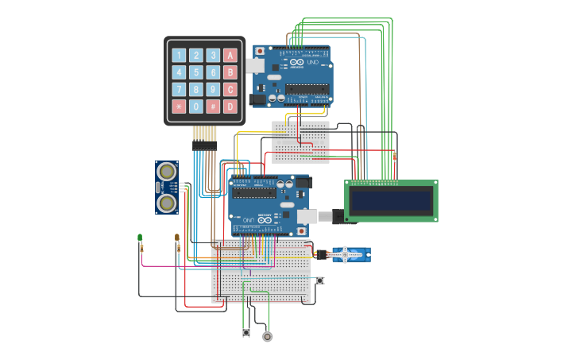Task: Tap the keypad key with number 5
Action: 196,72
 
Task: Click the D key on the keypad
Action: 230,106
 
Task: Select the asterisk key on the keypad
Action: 179,106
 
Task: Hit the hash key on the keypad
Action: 213,106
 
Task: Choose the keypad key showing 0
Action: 196,106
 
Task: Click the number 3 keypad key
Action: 213,56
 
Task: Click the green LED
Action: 140,237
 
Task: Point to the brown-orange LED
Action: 177,237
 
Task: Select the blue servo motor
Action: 350,254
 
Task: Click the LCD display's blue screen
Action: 391,200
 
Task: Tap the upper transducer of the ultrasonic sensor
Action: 167,171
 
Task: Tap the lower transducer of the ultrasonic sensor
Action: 167,203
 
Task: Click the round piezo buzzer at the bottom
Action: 267,336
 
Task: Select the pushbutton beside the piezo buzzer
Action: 246,332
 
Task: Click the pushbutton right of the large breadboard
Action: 320,280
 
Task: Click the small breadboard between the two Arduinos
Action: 300,141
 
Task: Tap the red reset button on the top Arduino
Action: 259,51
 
